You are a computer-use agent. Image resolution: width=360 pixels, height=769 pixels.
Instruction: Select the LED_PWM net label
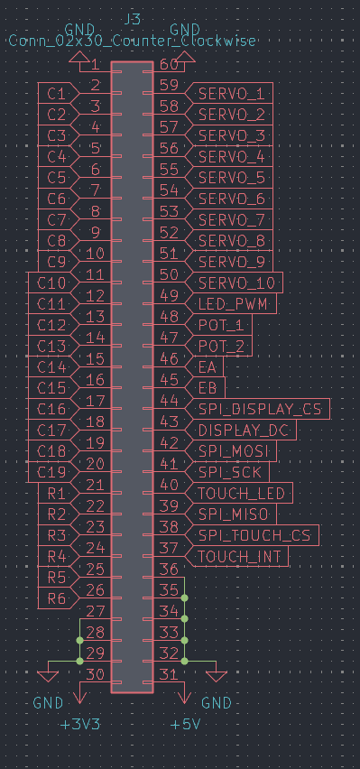click(232, 304)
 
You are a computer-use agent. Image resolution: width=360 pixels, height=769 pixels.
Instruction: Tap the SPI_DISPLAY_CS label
click(259, 410)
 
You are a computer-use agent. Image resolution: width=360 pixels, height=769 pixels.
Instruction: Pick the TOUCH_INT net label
click(239, 557)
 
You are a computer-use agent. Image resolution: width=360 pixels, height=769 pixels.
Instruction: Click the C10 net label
click(52, 283)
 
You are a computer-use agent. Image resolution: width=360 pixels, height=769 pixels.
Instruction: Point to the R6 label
click(57, 598)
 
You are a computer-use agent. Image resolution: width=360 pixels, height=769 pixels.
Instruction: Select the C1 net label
click(57, 93)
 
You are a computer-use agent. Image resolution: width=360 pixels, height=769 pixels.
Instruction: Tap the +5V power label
click(185, 724)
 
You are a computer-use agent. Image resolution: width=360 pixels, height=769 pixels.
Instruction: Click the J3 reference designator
click(131, 20)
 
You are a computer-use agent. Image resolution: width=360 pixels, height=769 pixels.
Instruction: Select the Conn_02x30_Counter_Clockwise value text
click(132, 41)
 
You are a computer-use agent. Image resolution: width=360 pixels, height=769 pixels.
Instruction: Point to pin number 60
click(168, 65)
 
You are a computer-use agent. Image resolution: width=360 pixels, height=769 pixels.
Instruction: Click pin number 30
click(95, 673)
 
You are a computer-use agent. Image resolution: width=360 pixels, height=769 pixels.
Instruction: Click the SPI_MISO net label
click(233, 514)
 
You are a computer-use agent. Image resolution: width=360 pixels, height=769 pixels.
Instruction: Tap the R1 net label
click(57, 493)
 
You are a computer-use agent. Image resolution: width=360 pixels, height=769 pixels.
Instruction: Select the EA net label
click(207, 367)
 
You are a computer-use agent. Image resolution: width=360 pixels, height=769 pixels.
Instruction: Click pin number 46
click(168, 359)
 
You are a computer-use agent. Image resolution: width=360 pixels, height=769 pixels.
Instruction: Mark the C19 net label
click(52, 472)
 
